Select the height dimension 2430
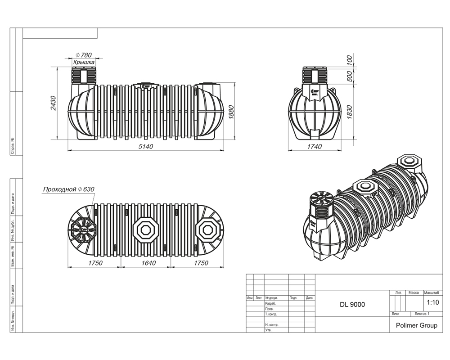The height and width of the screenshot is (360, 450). (53, 104)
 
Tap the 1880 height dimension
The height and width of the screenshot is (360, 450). (231, 111)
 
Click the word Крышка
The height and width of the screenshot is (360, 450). (84, 62)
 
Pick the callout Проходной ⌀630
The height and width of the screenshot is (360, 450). (68, 189)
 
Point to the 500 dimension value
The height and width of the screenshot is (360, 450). (349, 76)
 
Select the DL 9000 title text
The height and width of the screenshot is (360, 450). (352, 304)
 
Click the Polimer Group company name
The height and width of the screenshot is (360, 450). (416, 325)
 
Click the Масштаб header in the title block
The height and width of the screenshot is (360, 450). (432, 293)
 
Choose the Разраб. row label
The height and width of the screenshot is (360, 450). (271, 303)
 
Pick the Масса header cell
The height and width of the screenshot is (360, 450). (413, 293)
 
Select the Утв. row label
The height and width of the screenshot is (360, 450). (269, 330)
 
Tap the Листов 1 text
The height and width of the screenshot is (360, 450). (422, 314)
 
